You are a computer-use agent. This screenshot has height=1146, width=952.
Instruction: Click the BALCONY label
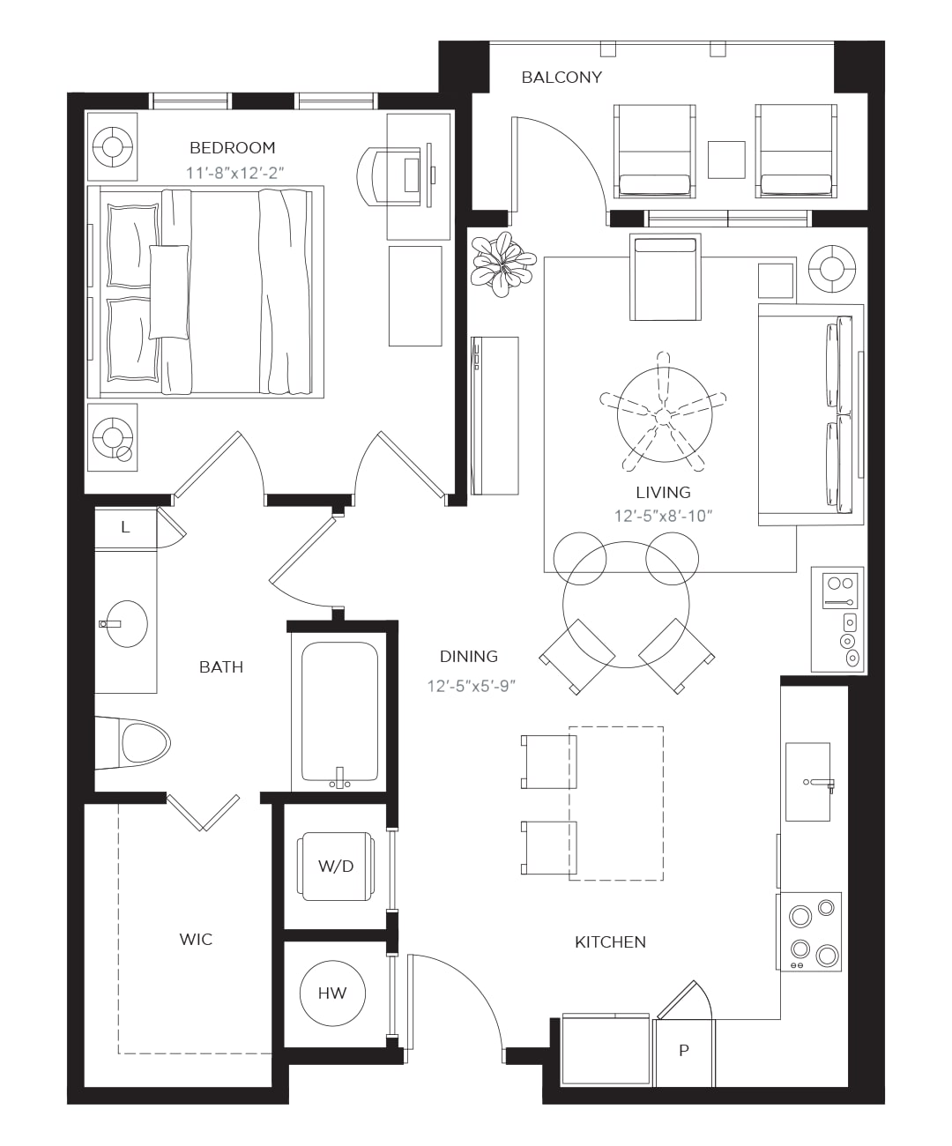(x=562, y=78)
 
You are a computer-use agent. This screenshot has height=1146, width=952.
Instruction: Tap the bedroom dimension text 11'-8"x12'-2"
(x=234, y=174)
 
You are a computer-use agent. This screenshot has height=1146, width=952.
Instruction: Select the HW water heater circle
(x=332, y=993)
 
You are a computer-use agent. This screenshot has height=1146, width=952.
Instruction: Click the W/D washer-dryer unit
(x=336, y=867)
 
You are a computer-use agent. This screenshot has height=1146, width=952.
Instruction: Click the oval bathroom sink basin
(x=127, y=624)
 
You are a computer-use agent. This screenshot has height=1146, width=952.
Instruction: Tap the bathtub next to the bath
(x=339, y=711)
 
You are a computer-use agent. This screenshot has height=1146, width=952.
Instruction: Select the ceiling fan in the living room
(x=664, y=415)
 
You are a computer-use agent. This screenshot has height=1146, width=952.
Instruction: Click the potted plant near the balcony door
(x=502, y=264)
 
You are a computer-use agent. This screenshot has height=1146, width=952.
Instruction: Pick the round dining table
(x=626, y=605)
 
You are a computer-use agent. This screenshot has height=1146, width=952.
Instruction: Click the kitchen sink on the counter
(x=808, y=782)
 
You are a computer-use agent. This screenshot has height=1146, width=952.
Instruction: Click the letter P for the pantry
(x=684, y=1051)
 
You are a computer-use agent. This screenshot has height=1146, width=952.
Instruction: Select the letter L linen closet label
(x=126, y=527)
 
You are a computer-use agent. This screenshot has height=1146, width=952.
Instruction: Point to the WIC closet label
(x=196, y=939)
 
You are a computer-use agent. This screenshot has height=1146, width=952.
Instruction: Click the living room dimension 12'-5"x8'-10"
(x=663, y=517)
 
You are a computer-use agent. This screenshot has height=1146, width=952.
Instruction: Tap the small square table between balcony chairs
(x=726, y=160)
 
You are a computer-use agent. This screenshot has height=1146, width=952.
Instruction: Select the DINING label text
(x=469, y=657)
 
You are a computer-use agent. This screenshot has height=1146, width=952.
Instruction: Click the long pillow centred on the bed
(x=169, y=292)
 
